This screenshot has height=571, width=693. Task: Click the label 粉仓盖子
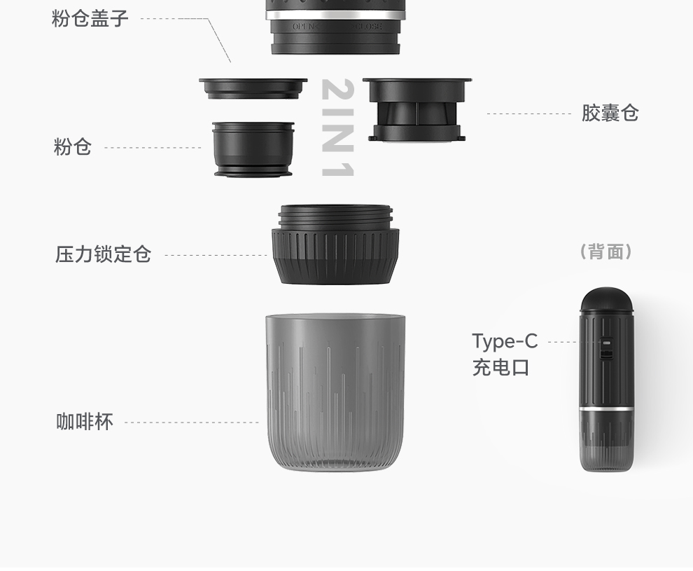[x=90, y=19]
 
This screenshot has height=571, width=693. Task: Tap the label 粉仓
[x=73, y=147]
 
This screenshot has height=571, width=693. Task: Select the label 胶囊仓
[x=610, y=113]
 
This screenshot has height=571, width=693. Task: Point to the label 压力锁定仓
[x=104, y=254]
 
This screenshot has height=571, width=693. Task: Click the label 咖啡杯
[x=85, y=422]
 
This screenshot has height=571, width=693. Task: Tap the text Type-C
[x=505, y=341]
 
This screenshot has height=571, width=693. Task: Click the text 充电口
[x=500, y=368]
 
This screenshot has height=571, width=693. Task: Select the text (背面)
[x=606, y=252]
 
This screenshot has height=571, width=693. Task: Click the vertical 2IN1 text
[x=338, y=128]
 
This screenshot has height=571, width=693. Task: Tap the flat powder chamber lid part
[x=253, y=88]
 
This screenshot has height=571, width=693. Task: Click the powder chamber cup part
[x=253, y=149]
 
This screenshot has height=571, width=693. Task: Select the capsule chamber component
[x=416, y=110]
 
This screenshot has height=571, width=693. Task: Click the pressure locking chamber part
[x=335, y=244]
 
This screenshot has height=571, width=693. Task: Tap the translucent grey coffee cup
[x=335, y=393]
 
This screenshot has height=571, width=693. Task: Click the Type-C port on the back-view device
[x=606, y=343]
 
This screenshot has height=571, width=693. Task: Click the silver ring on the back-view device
[x=606, y=408]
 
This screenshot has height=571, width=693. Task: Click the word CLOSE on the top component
[x=367, y=27]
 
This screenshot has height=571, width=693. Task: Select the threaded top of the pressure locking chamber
[x=335, y=216]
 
